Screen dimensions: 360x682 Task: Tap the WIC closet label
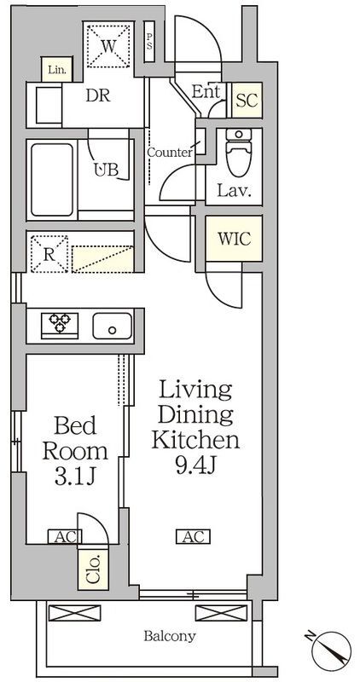click(235, 239)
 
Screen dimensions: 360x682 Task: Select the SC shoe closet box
click(247, 101)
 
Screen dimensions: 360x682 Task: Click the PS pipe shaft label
click(149, 42)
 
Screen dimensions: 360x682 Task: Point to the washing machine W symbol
click(108, 46)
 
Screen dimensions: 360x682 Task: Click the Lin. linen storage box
click(57, 70)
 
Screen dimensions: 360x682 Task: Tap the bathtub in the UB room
click(52, 180)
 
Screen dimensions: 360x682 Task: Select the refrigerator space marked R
click(49, 254)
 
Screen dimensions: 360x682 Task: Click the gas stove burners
click(60, 324)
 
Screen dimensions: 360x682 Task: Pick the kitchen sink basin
click(113, 327)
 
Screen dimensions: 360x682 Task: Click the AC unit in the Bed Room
click(62, 537)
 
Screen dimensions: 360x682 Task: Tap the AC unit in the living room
click(194, 536)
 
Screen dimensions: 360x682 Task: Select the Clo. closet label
click(94, 569)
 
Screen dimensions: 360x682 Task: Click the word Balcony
click(170, 636)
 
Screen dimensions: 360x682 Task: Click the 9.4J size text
click(195, 465)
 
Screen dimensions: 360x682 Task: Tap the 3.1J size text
click(75, 477)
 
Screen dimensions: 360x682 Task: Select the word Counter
click(169, 153)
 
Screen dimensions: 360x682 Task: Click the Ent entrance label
click(206, 92)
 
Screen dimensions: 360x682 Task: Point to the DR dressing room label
click(98, 95)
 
